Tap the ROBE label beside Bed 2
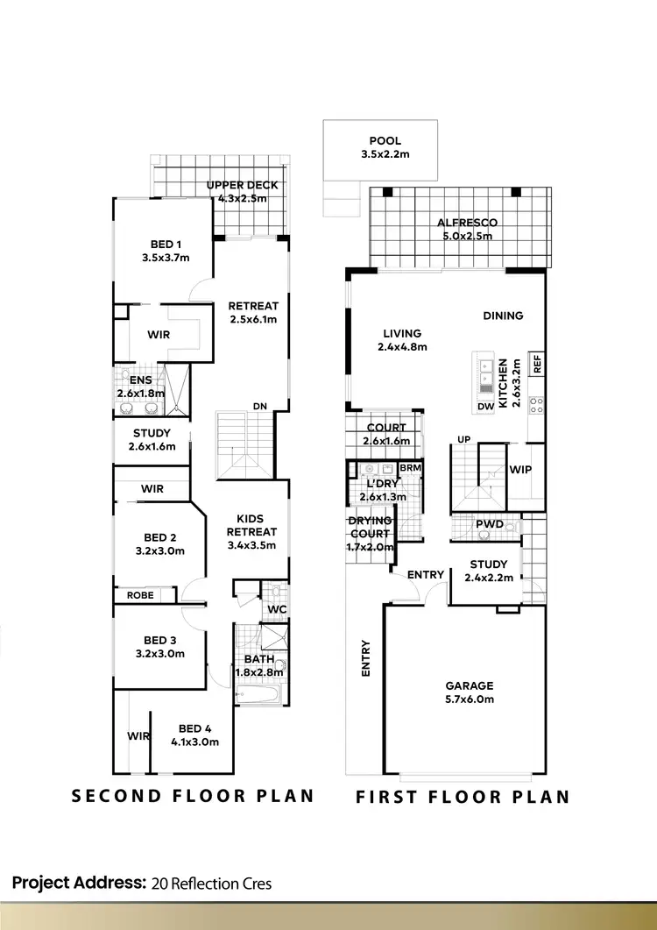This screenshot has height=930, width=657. [140, 595]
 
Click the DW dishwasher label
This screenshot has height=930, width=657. [486, 408]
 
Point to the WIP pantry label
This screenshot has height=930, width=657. [520, 470]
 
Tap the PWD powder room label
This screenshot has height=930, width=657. [488, 525]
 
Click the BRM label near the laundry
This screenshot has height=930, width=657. [410, 469]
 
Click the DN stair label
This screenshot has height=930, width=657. [260, 406]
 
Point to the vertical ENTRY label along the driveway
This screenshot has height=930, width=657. [365, 658]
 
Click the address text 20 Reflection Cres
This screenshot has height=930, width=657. [211, 883]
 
